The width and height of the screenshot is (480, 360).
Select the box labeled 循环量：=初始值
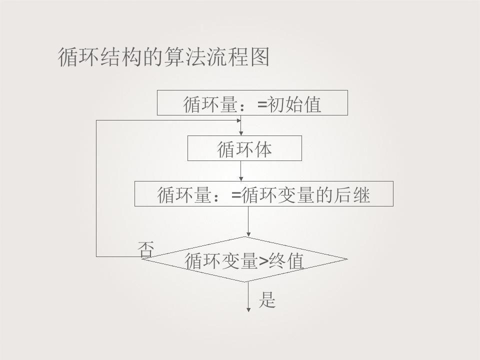coord(252,102)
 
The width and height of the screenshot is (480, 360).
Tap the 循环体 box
coord(244,148)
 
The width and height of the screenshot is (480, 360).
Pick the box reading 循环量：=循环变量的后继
coord(264,193)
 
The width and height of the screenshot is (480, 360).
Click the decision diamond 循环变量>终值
coord(244,259)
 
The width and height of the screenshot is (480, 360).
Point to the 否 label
coord(145,249)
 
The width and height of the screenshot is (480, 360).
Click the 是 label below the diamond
coord(267,299)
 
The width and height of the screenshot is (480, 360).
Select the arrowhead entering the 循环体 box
coord(241,133)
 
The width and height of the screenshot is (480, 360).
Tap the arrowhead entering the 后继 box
coord(241,179)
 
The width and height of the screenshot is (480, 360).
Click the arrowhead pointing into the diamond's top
coord(248,234)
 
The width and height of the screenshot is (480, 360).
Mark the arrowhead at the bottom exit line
coord(248,310)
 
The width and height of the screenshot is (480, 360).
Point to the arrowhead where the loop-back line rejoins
coord(239,120)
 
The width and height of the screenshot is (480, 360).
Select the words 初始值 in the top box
coord(294,104)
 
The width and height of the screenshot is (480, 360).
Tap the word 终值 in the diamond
coord(286,261)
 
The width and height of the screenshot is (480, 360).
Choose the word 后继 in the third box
coord(352,195)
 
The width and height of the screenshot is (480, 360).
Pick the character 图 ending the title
coord(259,57)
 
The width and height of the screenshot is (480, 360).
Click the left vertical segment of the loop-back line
coord(96,188)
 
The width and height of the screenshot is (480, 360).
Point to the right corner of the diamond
coord(347,259)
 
